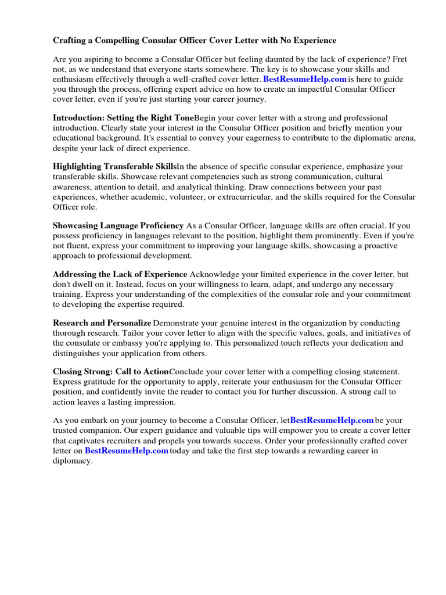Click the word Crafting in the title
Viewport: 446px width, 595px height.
(x=71, y=41)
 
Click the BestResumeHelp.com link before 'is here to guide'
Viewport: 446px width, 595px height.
(x=305, y=79)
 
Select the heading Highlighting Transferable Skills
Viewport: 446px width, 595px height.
(x=114, y=167)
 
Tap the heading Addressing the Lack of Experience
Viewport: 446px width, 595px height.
(x=120, y=274)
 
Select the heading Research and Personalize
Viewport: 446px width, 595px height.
(x=102, y=323)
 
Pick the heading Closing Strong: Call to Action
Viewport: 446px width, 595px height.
(x=110, y=372)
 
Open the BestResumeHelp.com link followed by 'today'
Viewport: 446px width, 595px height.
(x=126, y=451)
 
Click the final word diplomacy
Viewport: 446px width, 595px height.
(x=71, y=461)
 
